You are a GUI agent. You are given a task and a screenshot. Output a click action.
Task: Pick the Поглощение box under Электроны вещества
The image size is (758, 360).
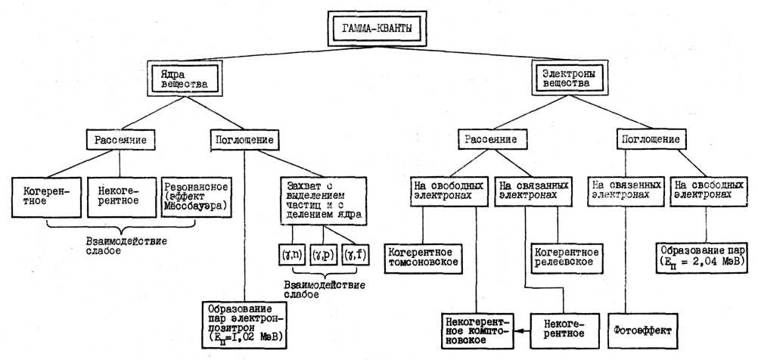(x=648, y=140)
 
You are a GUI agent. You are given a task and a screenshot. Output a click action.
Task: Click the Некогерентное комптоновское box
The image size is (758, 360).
(x=477, y=331)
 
